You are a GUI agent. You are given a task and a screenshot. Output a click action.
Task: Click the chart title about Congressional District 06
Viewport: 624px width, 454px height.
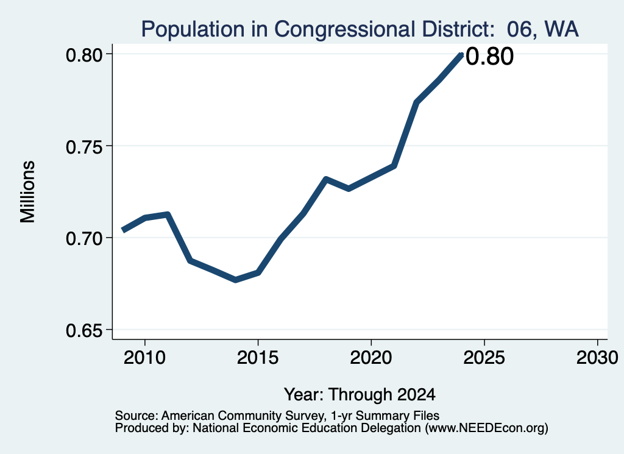tap(360, 29)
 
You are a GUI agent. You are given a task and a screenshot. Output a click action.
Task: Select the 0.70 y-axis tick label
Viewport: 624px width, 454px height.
tap(84, 239)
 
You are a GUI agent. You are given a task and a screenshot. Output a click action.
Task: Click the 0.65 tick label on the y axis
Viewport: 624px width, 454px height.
tap(84, 331)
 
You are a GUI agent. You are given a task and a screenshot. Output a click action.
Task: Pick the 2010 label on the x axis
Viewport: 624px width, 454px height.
tap(144, 358)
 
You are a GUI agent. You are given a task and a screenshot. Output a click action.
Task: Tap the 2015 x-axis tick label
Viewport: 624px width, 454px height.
tap(258, 358)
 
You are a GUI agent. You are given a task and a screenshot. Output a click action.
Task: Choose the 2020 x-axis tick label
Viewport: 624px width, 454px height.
tap(371, 358)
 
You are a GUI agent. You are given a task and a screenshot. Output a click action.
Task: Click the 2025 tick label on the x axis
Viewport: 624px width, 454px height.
tap(484, 358)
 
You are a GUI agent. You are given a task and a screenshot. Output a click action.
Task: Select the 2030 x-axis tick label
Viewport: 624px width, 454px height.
tap(597, 358)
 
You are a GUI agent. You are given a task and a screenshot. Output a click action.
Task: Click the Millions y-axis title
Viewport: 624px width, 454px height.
tap(28, 192)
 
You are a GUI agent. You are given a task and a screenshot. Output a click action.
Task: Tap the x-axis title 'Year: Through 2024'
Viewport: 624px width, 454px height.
tap(360, 395)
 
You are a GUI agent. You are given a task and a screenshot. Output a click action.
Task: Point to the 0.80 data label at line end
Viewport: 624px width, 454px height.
tap(489, 56)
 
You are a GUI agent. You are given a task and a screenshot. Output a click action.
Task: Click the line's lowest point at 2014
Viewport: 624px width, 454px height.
tap(236, 280)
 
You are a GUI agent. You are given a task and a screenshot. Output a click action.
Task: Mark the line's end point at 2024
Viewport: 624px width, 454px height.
tap(461, 54)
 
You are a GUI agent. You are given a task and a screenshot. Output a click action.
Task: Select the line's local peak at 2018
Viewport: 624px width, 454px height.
tap(326, 179)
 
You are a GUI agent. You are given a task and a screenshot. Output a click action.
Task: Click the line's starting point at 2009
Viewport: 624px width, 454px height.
tap(122, 230)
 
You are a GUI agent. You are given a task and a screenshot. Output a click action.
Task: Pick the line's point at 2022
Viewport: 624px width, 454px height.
tap(416, 102)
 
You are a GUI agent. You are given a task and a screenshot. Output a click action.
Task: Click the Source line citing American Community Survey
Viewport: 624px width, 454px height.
tap(277, 416)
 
